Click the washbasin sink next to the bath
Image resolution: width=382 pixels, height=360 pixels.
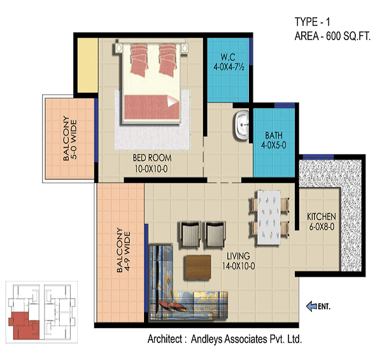242,125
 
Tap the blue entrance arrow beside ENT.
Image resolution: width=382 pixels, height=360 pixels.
311,306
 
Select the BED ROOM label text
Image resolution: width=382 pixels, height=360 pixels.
152,158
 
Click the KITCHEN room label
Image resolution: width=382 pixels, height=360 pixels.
322,216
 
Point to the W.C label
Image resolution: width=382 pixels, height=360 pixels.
228,57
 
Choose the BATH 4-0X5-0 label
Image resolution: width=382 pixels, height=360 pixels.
274,140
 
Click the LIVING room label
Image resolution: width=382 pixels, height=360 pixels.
238,256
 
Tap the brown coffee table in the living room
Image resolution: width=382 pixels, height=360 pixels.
198,267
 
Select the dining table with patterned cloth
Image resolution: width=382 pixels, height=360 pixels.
269,218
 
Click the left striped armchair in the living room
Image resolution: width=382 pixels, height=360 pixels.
190,235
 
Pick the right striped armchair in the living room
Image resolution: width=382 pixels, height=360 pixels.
215,235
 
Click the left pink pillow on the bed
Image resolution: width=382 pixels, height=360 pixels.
139,59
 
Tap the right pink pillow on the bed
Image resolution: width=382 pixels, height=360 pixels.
167,59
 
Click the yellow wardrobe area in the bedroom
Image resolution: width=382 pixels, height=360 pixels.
88,66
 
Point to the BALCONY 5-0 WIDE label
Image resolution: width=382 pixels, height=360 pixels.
70,139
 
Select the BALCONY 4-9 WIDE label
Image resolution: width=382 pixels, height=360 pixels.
124,250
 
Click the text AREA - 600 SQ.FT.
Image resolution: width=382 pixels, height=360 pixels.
332,36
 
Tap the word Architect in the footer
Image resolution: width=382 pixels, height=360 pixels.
165,339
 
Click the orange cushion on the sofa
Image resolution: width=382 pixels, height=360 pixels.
173,306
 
